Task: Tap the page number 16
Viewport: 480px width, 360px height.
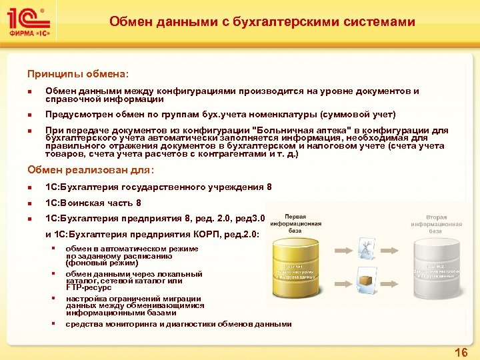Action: pyautogui.click(x=461, y=351)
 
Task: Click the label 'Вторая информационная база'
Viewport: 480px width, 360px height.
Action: pyautogui.click(x=436, y=225)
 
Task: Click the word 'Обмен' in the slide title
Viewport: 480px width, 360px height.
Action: pyautogui.click(x=130, y=22)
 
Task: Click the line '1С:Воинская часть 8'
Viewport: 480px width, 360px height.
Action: pyautogui.click(x=93, y=203)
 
